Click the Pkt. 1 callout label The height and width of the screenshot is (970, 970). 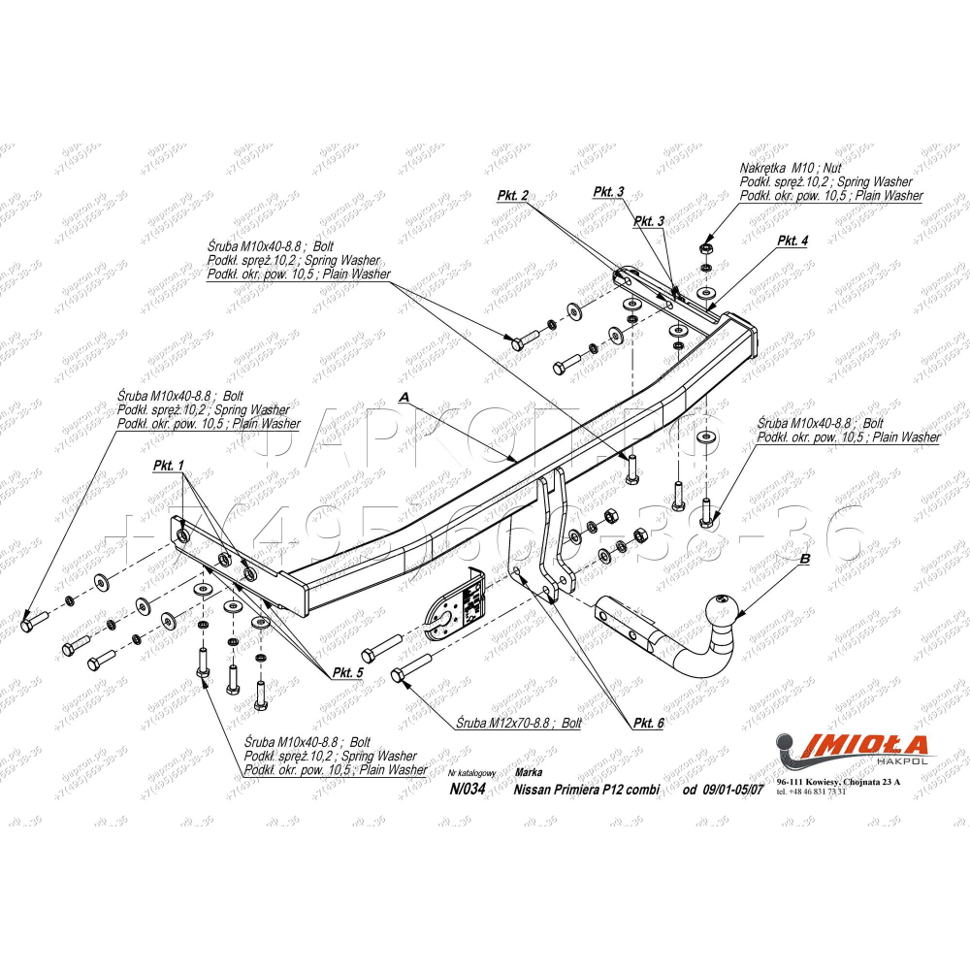[x=167, y=467]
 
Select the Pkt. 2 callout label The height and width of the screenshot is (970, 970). [x=512, y=196]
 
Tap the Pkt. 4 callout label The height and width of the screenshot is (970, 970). [x=792, y=242]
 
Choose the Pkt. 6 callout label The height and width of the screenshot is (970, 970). [x=648, y=724]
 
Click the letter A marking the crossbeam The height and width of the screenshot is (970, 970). [x=404, y=398]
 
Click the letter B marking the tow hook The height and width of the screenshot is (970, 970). [x=804, y=560]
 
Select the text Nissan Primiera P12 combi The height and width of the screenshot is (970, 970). [x=586, y=790]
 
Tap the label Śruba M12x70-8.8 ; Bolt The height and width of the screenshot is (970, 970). [x=518, y=724]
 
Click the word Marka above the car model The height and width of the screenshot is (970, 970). [x=530, y=772]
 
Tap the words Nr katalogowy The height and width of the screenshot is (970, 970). [x=473, y=773]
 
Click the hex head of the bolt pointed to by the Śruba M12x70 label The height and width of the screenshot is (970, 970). [x=398, y=675]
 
